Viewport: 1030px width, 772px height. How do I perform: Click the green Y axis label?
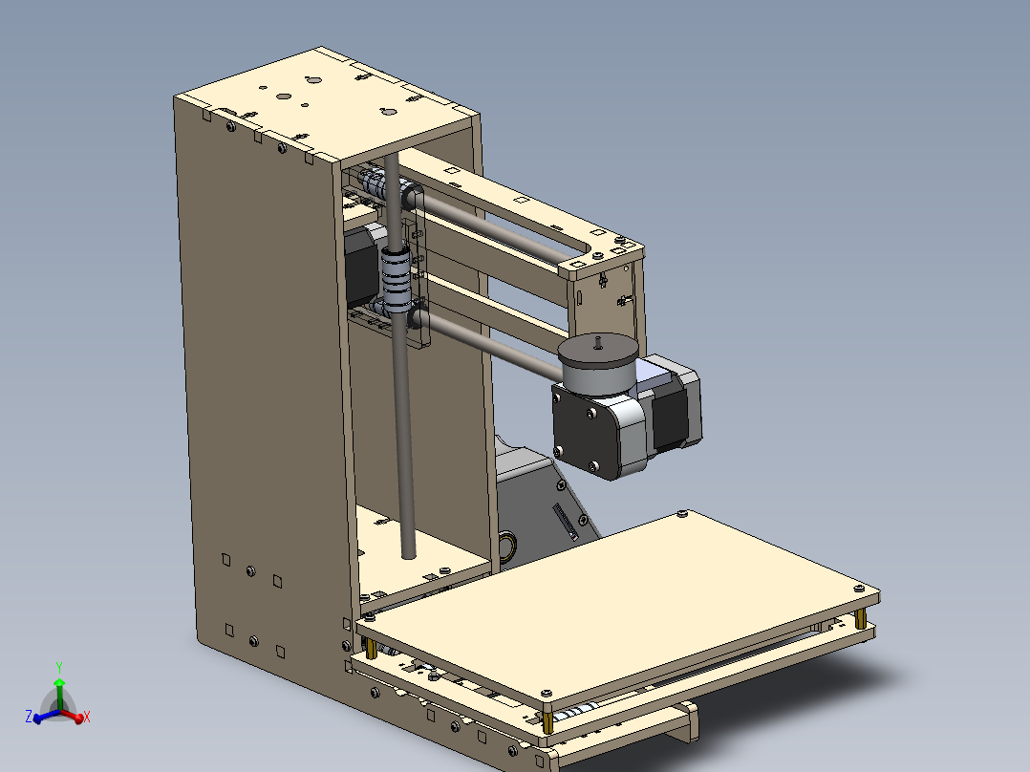pyautogui.click(x=59, y=668)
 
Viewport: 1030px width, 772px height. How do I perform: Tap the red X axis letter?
pyautogui.click(x=87, y=716)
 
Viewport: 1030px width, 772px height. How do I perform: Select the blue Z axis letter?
pyautogui.click(x=29, y=716)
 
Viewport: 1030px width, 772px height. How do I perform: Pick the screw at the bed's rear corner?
pyautogui.click(x=680, y=515)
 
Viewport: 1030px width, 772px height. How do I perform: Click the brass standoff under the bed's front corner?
pyautogui.click(x=547, y=722)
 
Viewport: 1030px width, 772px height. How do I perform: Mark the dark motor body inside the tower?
pyautogui.click(x=361, y=268)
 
